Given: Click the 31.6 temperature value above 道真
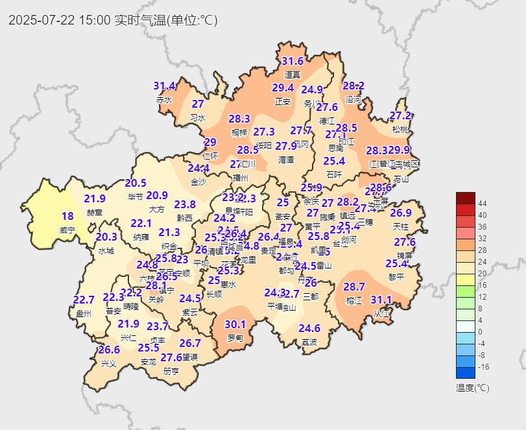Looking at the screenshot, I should point(293,62).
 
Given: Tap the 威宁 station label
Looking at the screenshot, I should point(67,230).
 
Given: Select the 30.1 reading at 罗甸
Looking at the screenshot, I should point(235,324).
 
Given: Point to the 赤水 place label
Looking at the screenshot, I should point(164,100).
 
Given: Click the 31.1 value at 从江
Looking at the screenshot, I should point(381,300).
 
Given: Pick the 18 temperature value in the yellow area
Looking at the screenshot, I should point(67,216).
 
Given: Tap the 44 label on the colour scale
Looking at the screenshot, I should point(483,204).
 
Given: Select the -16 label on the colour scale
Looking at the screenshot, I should point(483,367).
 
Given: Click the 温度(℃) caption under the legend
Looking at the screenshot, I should point(473,388).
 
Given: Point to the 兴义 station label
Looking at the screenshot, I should point(108,363).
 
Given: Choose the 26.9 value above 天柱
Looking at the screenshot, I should point(401,213).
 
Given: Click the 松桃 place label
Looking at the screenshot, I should point(401,129).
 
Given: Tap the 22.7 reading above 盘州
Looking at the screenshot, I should point(84,300).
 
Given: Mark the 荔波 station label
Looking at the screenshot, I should point(309,342).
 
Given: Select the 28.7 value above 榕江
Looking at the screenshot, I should point(354,287).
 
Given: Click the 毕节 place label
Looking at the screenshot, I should point(136,197).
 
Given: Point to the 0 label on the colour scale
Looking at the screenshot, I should point(481,332).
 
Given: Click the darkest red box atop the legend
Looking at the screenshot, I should point(466,198).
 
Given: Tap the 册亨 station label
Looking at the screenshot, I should point(171,372).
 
